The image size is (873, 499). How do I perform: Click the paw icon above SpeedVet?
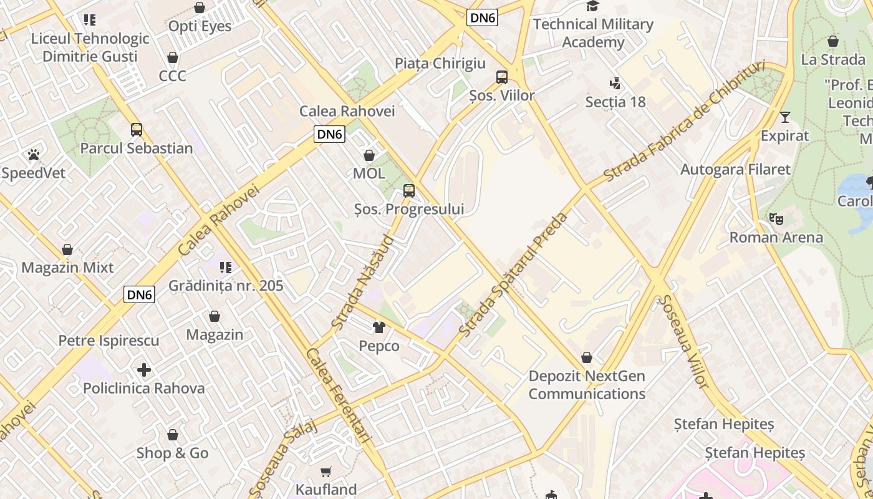pyautogui.click(x=34, y=154)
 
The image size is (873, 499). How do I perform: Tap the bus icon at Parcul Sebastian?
pyautogui.click(x=137, y=130)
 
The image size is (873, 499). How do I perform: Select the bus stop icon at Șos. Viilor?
pyautogui.click(x=502, y=77)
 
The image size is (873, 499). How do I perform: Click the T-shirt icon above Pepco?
pyautogui.click(x=379, y=327)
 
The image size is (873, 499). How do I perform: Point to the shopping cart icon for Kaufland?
pyautogui.click(x=326, y=472)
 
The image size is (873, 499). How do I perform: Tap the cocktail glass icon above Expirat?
pyautogui.click(x=784, y=117)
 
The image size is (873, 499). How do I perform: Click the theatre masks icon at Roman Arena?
pyautogui.click(x=776, y=219)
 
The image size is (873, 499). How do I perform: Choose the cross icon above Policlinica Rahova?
pyautogui.click(x=144, y=370)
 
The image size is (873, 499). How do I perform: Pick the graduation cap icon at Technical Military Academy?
pyautogui.click(x=592, y=6)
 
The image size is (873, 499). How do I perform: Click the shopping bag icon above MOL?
pyautogui.click(x=369, y=155)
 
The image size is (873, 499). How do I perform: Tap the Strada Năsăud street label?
pyautogui.click(x=363, y=282)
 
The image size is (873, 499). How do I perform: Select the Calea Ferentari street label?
pyautogui.click(x=338, y=396)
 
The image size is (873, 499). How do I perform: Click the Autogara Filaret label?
pyautogui.click(x=735, y=169)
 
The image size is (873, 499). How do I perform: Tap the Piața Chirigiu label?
pyautogui.click(x=440, y=63)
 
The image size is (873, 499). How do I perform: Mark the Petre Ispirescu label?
pyautogui.click(x=109, y=341)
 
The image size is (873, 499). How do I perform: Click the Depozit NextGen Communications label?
pyautogui.click(x=587, y=385)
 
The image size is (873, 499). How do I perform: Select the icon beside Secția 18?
pyautogui.click(x=615, y=83)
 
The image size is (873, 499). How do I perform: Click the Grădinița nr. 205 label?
pyautogui.click(x=226, y=286)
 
